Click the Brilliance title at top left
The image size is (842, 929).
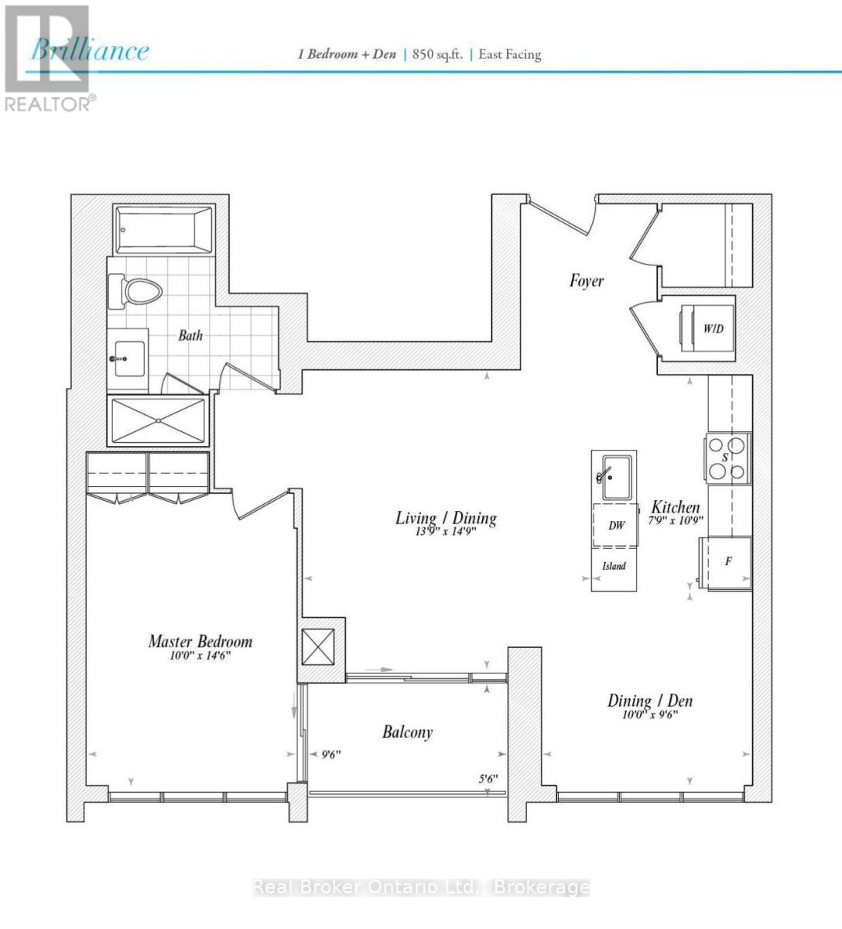tap(90, 51)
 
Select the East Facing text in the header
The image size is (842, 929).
tap(509, 54)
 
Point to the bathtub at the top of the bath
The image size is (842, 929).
tap(163, 230)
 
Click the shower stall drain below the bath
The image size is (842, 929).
tap(159, 420)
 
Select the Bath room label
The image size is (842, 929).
tap(190, 335)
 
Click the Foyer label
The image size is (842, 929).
tap(586, 280)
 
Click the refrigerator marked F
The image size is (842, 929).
tap(727, 562)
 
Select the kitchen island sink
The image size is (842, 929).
tap(615, 478)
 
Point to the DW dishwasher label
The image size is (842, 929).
tap(616, 526)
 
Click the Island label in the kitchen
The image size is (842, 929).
tap(614, 566)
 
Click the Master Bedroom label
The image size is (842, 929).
tap(200, 641)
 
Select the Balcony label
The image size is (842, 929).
tap(407, 732)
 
